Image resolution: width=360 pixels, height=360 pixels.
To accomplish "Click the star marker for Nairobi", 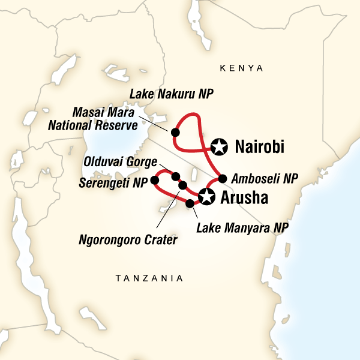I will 220,145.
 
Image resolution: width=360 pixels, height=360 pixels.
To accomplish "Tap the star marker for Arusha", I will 206,196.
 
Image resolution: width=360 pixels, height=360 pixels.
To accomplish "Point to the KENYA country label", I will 242,68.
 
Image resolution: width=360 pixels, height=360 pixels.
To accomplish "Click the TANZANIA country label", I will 149,278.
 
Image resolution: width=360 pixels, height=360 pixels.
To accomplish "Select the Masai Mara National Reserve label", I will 106,118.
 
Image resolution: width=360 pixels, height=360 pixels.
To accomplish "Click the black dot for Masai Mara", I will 175,132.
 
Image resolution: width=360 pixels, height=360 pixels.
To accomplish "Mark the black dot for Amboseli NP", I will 223,178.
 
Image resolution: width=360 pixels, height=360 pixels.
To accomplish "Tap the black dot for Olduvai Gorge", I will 176,176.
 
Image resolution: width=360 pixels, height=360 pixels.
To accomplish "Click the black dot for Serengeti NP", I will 155,179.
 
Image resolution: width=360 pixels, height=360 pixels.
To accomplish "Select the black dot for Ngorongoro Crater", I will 183,185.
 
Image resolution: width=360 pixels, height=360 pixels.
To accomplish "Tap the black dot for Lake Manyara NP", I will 190,203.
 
